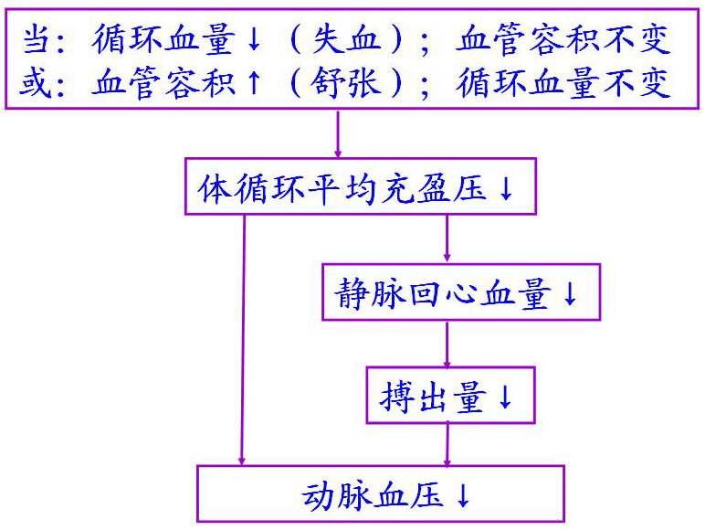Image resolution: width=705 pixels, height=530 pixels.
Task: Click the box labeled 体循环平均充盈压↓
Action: [x=360, y=188]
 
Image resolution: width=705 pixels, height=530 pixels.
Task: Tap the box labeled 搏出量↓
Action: [x=449, y=397]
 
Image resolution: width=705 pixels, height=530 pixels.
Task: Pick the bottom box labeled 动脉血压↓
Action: [x=381, y=494]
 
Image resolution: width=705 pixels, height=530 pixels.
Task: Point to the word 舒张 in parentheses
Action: [x=357, y=84]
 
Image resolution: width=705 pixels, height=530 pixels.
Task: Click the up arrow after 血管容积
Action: [x=255, y=84]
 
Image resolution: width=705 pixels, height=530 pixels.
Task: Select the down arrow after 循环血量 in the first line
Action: [x=255, y=40]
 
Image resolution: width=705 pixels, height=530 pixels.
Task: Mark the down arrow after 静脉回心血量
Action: [x=571, y=294]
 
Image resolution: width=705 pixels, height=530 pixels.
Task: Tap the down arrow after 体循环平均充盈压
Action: [x=508, y=189]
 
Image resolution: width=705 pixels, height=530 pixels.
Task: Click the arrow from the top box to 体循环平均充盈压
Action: [x=338, y=134]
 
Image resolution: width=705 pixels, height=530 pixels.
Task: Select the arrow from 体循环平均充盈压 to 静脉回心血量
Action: [x=447, y=239]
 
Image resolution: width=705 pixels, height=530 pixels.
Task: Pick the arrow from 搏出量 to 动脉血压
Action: [x=447, y=445]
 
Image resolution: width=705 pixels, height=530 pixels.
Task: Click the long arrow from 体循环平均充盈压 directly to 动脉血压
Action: [x=243, y=338]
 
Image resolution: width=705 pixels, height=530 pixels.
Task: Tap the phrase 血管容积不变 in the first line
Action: [x=564, y=40]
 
